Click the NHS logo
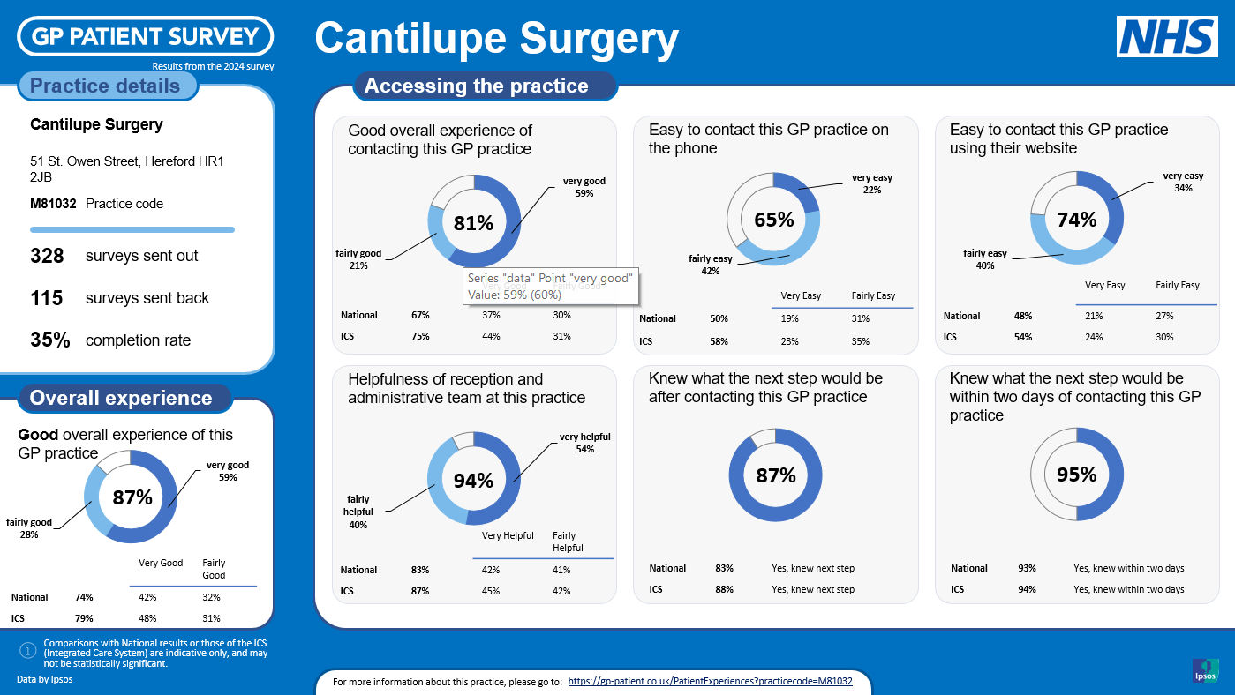tap(1167, 37)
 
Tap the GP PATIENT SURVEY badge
tap(146, 36)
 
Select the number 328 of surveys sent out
tap(47, 256)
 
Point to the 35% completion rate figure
tap(49, 340)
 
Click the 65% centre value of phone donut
tap(774, 220)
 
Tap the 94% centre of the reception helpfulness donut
tap(473, 481)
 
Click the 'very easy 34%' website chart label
tap(1183, 182)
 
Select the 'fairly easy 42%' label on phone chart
tap(711, 265)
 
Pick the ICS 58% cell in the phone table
tap(719, 341)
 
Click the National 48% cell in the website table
tap(1022, 316)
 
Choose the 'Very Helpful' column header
tap(508, 535)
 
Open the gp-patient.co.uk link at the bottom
tap(710, 681)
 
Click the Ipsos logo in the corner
tap(1205, 670)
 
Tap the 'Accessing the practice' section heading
tap(476, 86)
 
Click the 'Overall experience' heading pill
tap(121, 398)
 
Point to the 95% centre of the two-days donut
tap(1076, 475)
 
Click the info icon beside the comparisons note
tap(27, 650)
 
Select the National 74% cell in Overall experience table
tap(84, 597)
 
